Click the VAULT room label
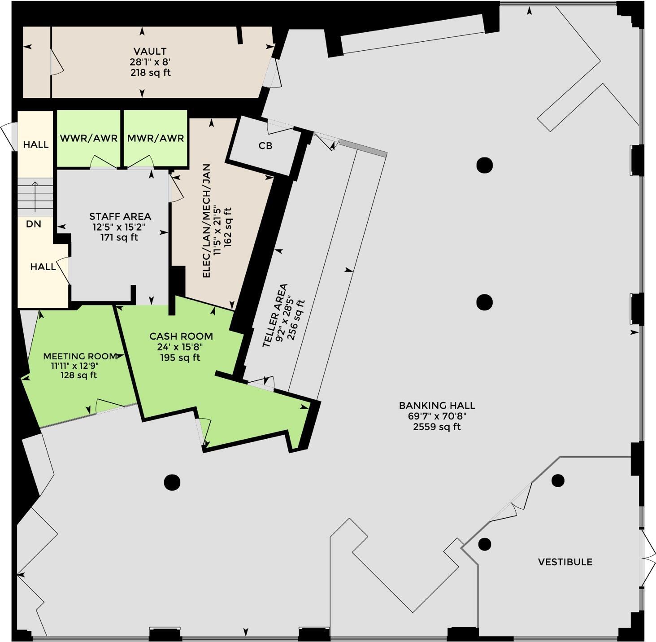[150, 51]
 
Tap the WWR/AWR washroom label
[89, 138]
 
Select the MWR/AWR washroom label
[156, 138]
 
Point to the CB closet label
[265, 146]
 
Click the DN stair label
[33, 224]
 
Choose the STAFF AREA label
[120, 216]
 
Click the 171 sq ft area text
[119, 237]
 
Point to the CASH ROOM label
[181, 336]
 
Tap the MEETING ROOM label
[80, 356]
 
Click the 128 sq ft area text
[78, 375]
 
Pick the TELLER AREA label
[275, 315]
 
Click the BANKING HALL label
[437, 405]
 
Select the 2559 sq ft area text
[437, 427]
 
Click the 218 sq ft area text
[151, 73]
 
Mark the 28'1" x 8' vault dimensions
[151, 62]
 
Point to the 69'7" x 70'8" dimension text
[437, 416]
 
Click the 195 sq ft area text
[180, 358]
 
